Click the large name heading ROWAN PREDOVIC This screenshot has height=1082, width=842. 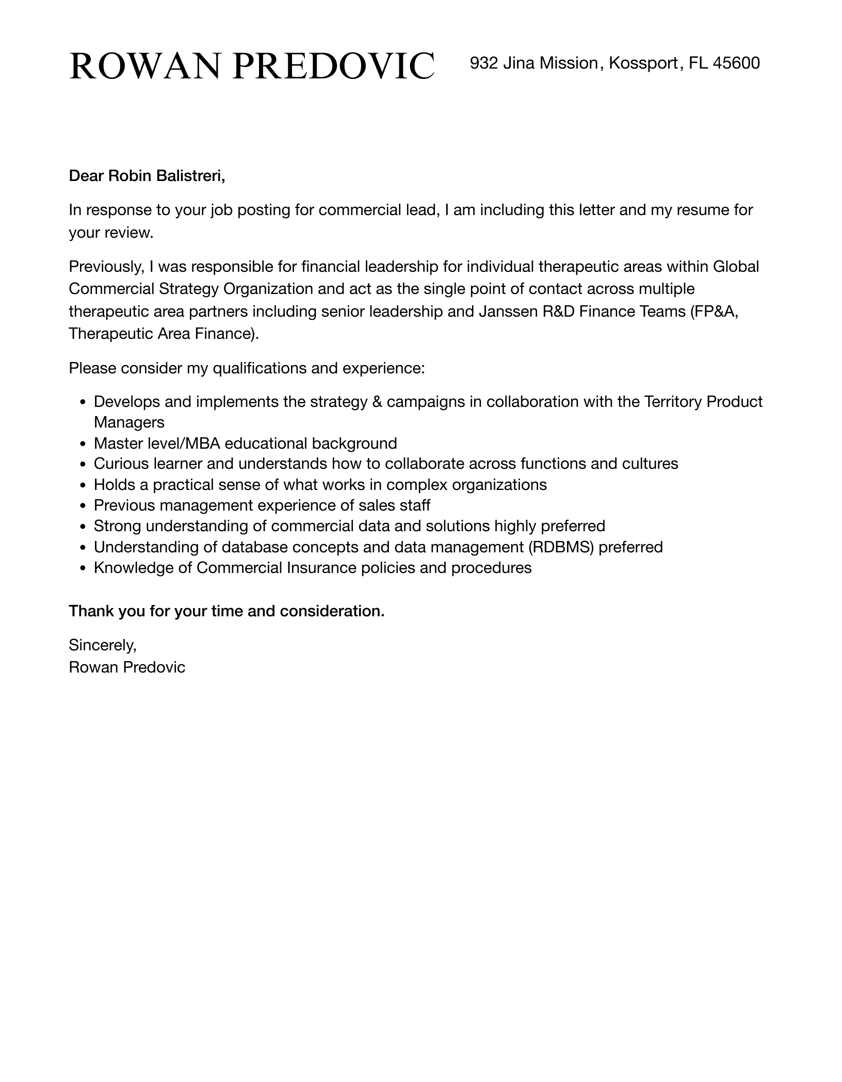click(x=252, y=66)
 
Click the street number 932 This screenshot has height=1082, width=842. click(x=483, y=63)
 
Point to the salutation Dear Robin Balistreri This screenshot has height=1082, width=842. click(x=147, y=176)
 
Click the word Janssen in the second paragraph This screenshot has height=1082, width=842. click(x=509, y=312)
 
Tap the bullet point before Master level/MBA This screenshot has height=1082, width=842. click(x=84, y=444)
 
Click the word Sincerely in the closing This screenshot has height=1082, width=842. click(x=102, y=645)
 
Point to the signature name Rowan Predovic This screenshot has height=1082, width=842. click(x=127, y=667)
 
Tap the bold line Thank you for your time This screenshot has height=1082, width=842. click(x=226, y=611)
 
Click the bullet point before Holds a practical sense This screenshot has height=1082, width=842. click(x=84, y=485)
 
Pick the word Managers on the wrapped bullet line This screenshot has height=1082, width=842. click(x=129, y=422)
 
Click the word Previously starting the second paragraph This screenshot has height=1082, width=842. click(x=106, y=267)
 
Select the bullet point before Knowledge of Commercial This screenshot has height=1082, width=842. click(x=84, y=568)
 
